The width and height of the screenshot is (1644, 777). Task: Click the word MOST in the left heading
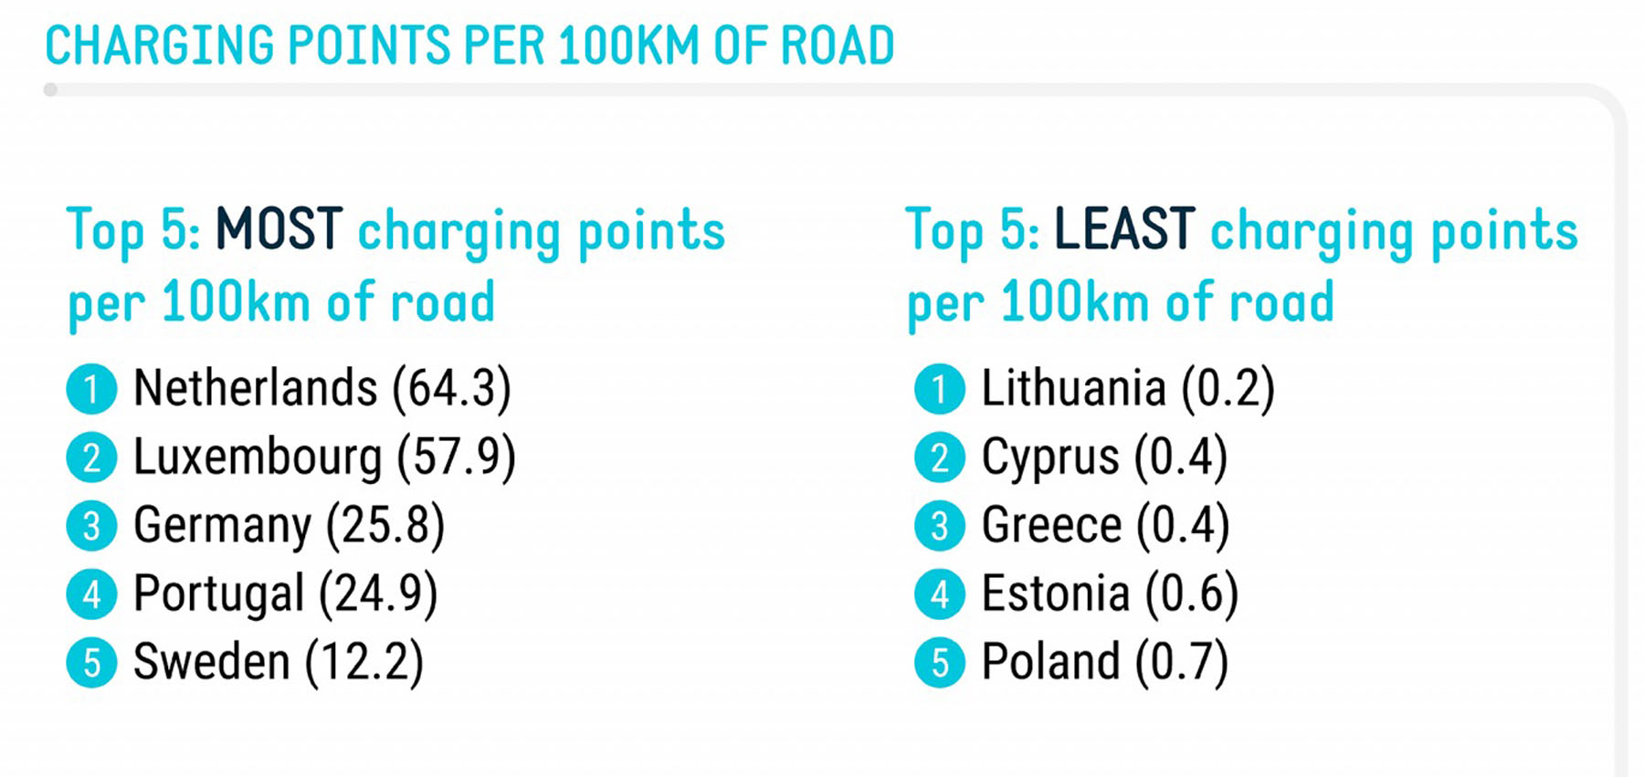point(279,229)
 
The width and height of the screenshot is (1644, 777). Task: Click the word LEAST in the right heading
point(1124,229)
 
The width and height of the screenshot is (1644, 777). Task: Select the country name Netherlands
point(255,388)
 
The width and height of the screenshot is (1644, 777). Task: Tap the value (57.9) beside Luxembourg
point(456,457)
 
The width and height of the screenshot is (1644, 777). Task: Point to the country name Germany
point(223,526)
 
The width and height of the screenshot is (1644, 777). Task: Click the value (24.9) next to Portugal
point(378,593)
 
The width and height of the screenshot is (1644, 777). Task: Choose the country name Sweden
point(211,662)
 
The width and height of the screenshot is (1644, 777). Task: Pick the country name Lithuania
point(1073,388)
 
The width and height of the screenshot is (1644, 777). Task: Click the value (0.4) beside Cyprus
point(1180,457)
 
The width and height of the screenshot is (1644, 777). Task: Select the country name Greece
point(1051,526)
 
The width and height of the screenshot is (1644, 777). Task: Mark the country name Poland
point(1050,662)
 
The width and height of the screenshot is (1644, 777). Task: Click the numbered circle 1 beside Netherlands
point(91,389)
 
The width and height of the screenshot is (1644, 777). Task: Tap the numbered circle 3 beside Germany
point(91,526)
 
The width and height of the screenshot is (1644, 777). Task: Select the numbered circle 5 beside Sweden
point(91,663)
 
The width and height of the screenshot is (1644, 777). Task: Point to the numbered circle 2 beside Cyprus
point(939,457)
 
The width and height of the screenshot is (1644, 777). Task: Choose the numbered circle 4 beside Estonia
point(939,594)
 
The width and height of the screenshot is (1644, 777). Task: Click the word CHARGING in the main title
point(160,46)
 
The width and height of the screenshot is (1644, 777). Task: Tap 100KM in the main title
point(628,46)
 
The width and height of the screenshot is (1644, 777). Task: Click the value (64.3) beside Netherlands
point(451,388)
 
